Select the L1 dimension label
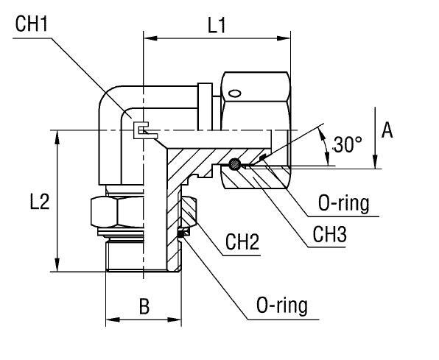[x=217, y=26]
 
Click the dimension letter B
[x=144, y=306]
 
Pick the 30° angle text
[x=347, y=144]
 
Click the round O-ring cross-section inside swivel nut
[x=235, y=164]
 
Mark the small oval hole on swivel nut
[x=234, y=93]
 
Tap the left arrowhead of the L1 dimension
[x=147, y=37]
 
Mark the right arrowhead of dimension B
[x=177, y=320]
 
